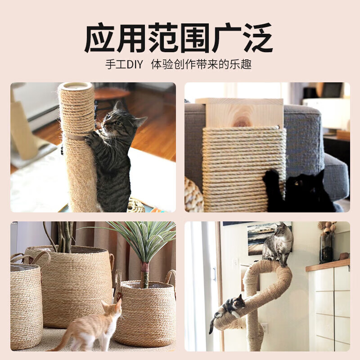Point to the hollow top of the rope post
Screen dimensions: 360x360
coord(76,86)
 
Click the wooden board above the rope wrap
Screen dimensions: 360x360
coord(240,112)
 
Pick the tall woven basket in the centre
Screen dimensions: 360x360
coord(67,283)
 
